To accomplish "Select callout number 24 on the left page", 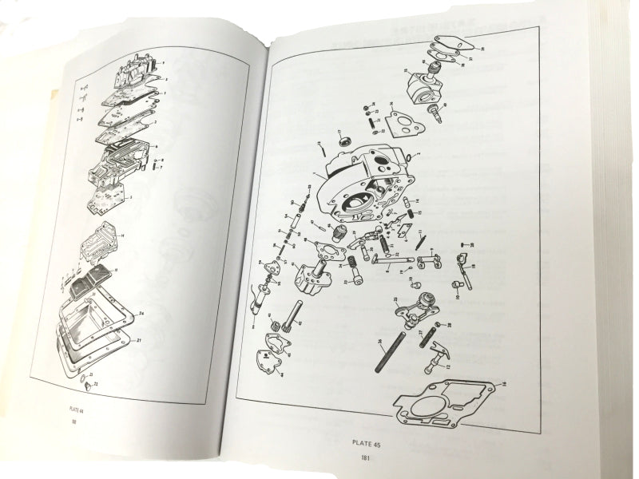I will tap(141, 312).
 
